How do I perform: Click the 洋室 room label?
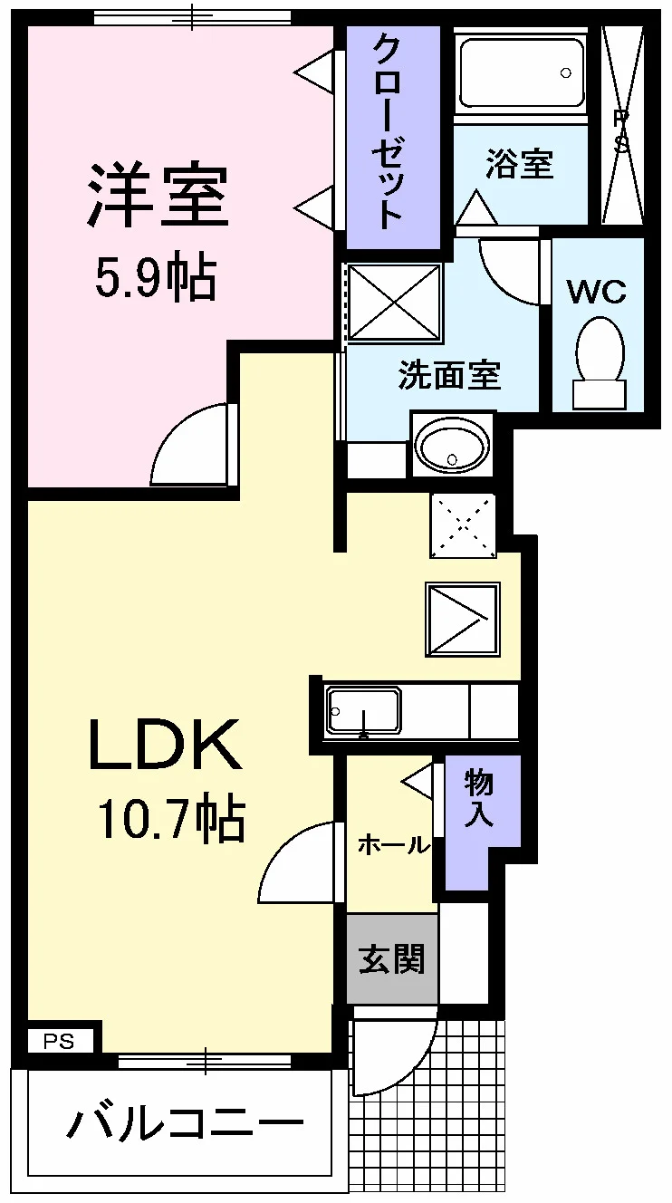[158, 194]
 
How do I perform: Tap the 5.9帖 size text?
[156, 279]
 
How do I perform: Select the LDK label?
[165, 745]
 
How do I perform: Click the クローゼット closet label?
[388, 131]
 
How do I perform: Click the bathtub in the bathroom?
[521, 73]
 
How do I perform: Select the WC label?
[597, 293]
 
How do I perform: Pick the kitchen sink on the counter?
[364, 711]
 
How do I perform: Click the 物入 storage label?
[479, 798]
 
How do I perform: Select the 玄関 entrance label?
[392, 958]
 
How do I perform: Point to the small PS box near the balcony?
[60, 1042]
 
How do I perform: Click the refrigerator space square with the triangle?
[463, 620]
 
